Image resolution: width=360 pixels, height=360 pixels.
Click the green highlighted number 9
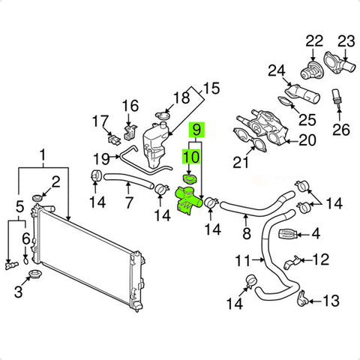pyautogui.click(x=196, y=130)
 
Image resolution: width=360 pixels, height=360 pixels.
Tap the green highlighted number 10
pyautogui.click(x=191, y=157)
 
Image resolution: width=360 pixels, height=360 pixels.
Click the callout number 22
pyautogui.click(x=314, y=41)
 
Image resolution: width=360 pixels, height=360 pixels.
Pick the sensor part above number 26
pyautogui.click(x=337, y=98)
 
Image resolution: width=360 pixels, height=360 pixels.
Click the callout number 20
pyautogui.click(x=307, y=140)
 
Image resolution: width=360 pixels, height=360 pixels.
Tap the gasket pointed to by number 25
pyautogui.click(x=286, y=102)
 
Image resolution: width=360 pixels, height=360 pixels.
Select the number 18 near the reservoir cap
pyautogui.click(x=181, y=97)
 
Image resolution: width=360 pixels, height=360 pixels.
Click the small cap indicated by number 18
pyautogui.click(x=163, y=115)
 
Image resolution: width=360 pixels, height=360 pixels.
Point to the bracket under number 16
pyautogui.click(x=130, y=131)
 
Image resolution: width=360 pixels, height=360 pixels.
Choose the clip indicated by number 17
pyautogui.click(x=114, y=139)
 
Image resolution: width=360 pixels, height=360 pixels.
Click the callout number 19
pyautogui.click(x=101, y=158)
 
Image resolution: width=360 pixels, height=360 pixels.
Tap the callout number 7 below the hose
pyautogui.click(x=128, y=202)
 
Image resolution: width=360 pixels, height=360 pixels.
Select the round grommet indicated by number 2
pyautogui.click(x=37, y=198)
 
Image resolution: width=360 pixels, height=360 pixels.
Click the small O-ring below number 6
pyautogui.click(x=26, y=260)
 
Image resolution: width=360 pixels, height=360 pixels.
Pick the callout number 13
pyautogui.click(x=331, y=301)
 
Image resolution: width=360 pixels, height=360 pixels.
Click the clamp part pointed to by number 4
pyautogui.click(x=287, y=234)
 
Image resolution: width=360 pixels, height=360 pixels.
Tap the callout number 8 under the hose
pyautogui.click(x=247, y=233)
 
